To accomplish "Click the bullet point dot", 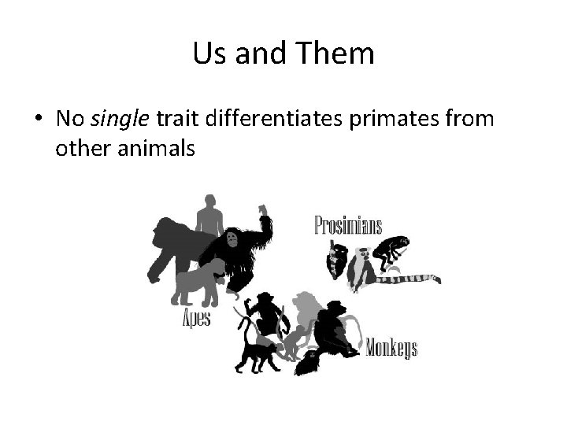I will click(38, 120).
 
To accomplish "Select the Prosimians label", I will click(348, 226).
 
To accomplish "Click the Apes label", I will click(196, 319).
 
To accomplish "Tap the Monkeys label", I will click(391, 347).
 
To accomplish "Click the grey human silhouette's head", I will click(208, 203).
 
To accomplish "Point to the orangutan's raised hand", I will click(263, 209).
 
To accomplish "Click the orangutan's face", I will click(233, 238).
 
